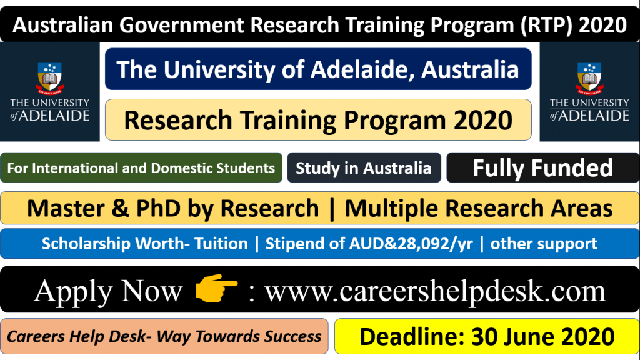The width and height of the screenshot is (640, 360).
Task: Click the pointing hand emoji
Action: (216, 289)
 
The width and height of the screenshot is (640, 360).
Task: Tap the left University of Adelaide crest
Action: (50, 79)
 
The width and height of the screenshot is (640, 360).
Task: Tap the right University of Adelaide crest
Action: (589, 79)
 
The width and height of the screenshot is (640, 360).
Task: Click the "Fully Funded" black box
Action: (542, 168)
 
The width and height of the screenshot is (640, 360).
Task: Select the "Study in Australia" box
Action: (364, 168)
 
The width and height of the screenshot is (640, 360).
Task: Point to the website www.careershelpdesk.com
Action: (435, 290)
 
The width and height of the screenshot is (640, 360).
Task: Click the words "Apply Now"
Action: (108, 290)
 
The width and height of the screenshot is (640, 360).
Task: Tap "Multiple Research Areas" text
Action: (479, 208)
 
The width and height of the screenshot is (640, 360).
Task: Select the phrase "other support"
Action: (544, 244)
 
